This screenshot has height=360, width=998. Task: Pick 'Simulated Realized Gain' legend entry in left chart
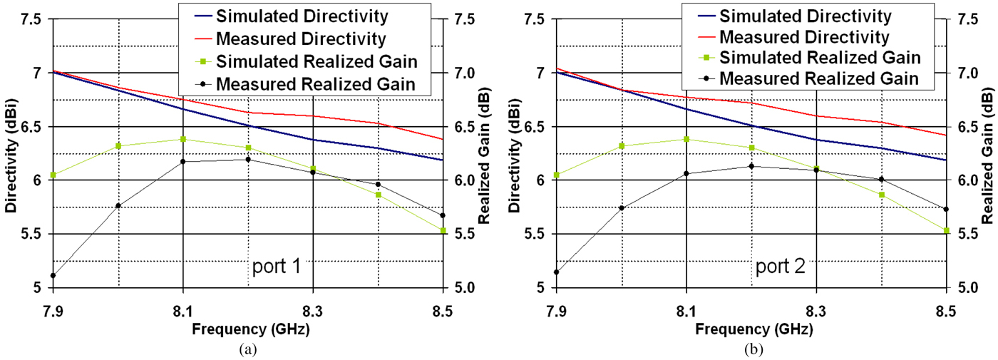[x=317, y=61]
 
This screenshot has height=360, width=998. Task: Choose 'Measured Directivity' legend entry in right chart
[x=804, y=36]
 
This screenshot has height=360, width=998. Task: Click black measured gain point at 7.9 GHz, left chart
[x=53, y=275]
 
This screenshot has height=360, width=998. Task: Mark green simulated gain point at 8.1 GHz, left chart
[x=183, y=139]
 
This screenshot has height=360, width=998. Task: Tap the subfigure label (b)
[x=751, y=349]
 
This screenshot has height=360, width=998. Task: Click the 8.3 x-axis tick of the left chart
[x=312, y=311]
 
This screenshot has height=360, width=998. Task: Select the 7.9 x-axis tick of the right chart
[x=557, y=311]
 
